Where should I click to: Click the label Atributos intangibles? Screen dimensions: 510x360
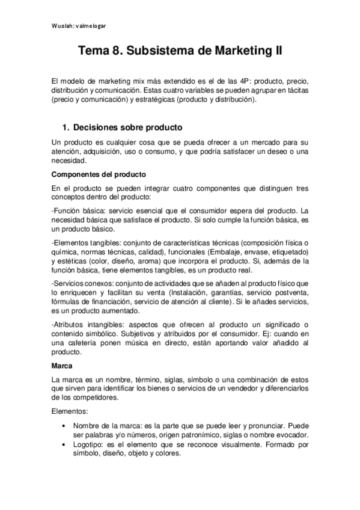tap(85, 324)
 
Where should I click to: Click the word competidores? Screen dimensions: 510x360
tap(88, 398)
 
